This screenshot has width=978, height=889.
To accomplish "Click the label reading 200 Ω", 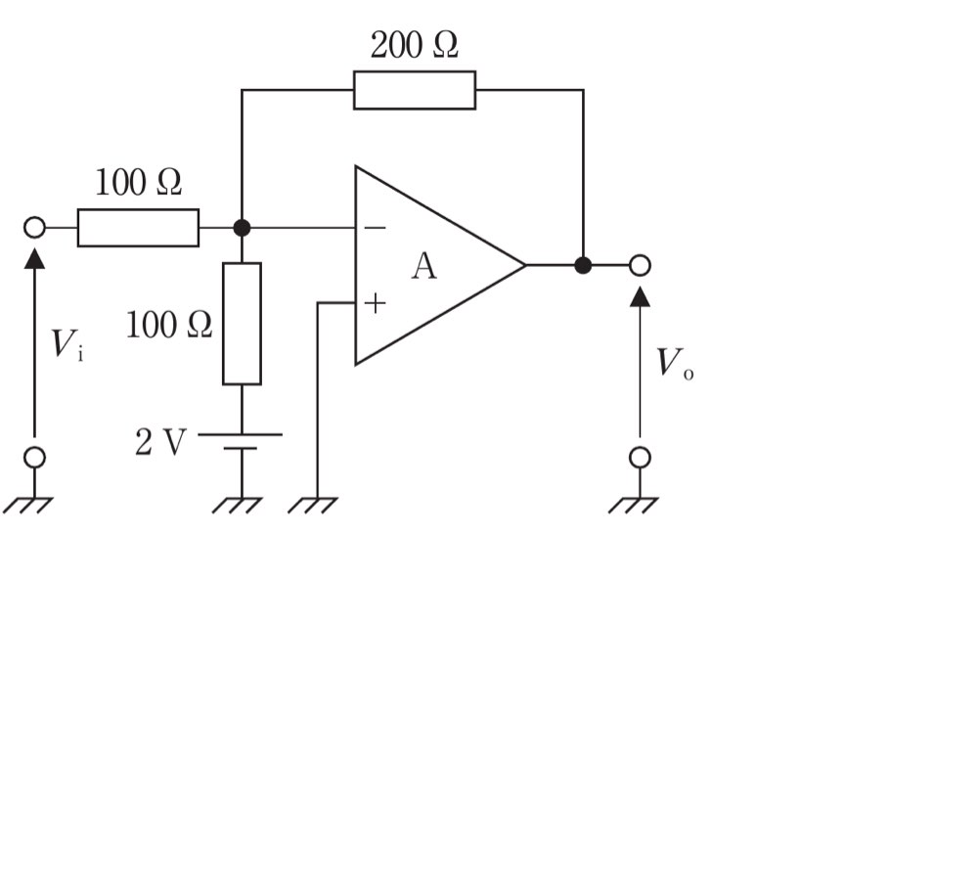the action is [414, 46].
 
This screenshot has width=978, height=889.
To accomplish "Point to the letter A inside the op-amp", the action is [424, 266].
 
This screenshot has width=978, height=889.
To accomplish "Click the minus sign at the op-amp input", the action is [375, 228].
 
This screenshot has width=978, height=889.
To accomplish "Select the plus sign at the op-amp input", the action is [375, 303].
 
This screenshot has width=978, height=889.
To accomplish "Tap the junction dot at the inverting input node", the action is [242, 228].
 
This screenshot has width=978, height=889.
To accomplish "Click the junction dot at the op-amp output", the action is [583, 265].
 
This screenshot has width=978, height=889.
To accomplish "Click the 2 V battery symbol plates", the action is [241, 441].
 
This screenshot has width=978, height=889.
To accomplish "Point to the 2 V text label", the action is [160, 442].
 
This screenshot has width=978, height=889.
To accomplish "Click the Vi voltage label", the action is [67, 344].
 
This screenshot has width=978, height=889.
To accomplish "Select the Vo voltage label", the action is [675, 363].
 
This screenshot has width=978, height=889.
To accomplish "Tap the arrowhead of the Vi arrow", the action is [34, 258].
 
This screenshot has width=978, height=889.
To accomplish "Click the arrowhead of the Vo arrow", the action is [640, 296].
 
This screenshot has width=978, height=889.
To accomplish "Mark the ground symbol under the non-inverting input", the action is [313, 506].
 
